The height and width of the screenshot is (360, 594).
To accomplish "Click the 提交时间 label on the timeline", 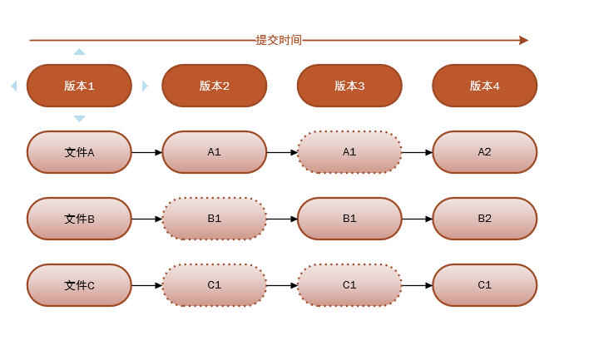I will [279, 40].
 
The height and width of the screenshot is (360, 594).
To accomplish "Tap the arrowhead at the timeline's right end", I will [523, 40].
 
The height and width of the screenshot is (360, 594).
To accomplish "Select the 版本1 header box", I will [79, 86].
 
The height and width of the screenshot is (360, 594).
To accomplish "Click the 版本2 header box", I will [214, 86].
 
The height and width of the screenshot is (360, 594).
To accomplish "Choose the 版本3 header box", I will [349, 86].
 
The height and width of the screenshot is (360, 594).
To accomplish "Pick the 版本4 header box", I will [484, 86].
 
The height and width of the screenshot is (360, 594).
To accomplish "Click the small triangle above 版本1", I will [79, 52].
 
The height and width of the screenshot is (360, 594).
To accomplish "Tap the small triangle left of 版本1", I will [13, 86].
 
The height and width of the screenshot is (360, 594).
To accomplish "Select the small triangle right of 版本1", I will [145, 86].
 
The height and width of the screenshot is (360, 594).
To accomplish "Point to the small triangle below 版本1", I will [79, 119].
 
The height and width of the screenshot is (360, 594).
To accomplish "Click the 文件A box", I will [79, 152].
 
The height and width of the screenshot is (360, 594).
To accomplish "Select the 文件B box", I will [79, 219].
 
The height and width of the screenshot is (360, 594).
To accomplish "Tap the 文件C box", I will [79, 285].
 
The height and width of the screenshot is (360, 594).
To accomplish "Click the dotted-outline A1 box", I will [349, 152].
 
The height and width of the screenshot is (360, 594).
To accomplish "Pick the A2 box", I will [484, 152].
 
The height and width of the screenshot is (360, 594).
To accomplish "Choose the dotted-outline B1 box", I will [214, 219].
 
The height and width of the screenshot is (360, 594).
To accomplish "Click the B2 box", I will [484, 219].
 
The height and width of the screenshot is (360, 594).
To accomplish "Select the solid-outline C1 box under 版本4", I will [484, 285].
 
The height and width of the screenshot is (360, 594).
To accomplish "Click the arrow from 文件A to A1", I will [147, 152].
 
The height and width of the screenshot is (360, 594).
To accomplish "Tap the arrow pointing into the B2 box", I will [418, 219].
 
